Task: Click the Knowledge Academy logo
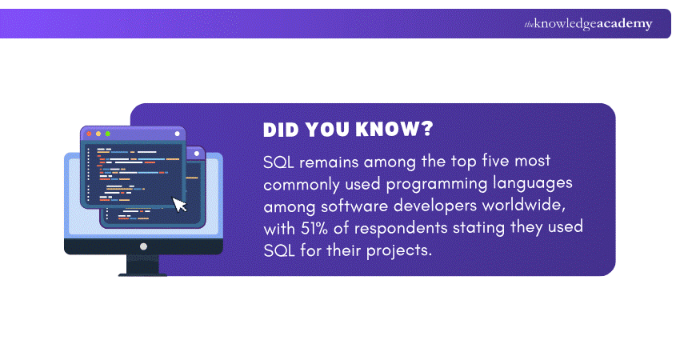pos(588,23)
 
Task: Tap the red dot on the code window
pos(89,134)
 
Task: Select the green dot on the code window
pos(108,134)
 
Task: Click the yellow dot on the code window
pos(98,134)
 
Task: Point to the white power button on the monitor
pos(143,246)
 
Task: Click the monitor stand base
pos(143,274)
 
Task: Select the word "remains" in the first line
pos(333,161)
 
